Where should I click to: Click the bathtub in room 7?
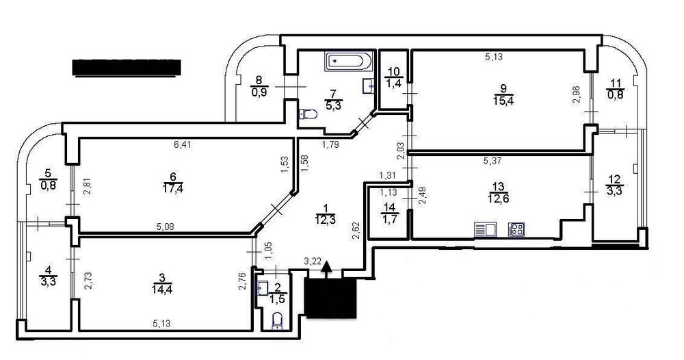click(x=348, y=61)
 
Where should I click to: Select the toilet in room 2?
click(x=277, y=320)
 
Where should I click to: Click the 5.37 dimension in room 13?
click(x=494, y=162)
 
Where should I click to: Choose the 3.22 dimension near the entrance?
click(x=313, y=261)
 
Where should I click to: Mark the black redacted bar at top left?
click(x=126, y=67)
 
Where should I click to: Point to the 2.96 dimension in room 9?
click(x=576, y=94)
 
